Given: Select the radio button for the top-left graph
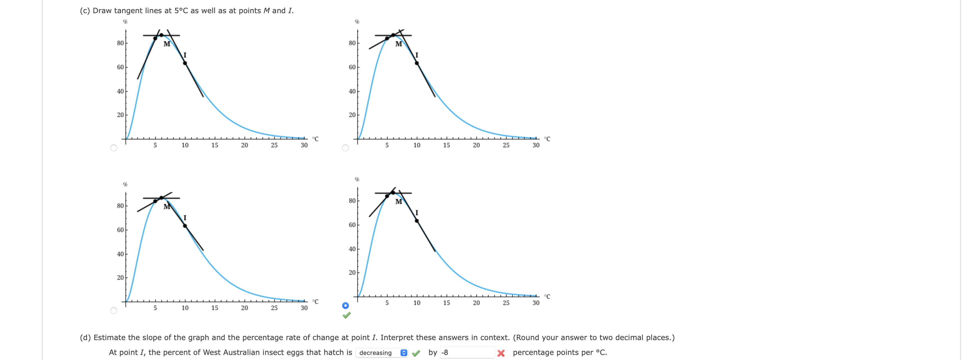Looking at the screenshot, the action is pyautogui.click(x=113, y=148).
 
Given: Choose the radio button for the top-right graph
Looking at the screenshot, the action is pyautogui.click(x=345, y=148).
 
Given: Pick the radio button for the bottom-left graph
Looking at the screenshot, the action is pyautogui.click(x=113, y=310).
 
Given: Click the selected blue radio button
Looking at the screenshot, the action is pyautogui.click(x=345, y=305).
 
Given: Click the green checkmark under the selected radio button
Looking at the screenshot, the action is pyautogui.click(x=346, y=315).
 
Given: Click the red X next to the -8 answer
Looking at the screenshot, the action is pyautogui.click(x=501, y=353).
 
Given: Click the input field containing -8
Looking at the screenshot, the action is pyautogui.click(x=467, y=352).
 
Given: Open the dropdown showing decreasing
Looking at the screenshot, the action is pyautogui.click(x=382, y=352).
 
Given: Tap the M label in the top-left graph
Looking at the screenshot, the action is pyautogui.click(x=167, y=44).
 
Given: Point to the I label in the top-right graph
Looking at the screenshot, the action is pyautogui.click(x=417, y=55).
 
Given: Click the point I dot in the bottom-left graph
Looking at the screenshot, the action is pyautogui.click(x=185, y=226).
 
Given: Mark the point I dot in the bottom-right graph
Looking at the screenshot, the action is pyautogui.click(x=417, y=221).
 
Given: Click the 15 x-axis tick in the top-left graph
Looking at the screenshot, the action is pyautogui.click(x=215, y=145).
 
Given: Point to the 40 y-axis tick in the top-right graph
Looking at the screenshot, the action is pyautogui.click(x=352, y=91).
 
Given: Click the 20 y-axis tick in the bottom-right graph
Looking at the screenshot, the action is pyautogui.click(x=352, y=272).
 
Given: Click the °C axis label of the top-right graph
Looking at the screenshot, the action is pyautogui.click(x=547, y=139).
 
